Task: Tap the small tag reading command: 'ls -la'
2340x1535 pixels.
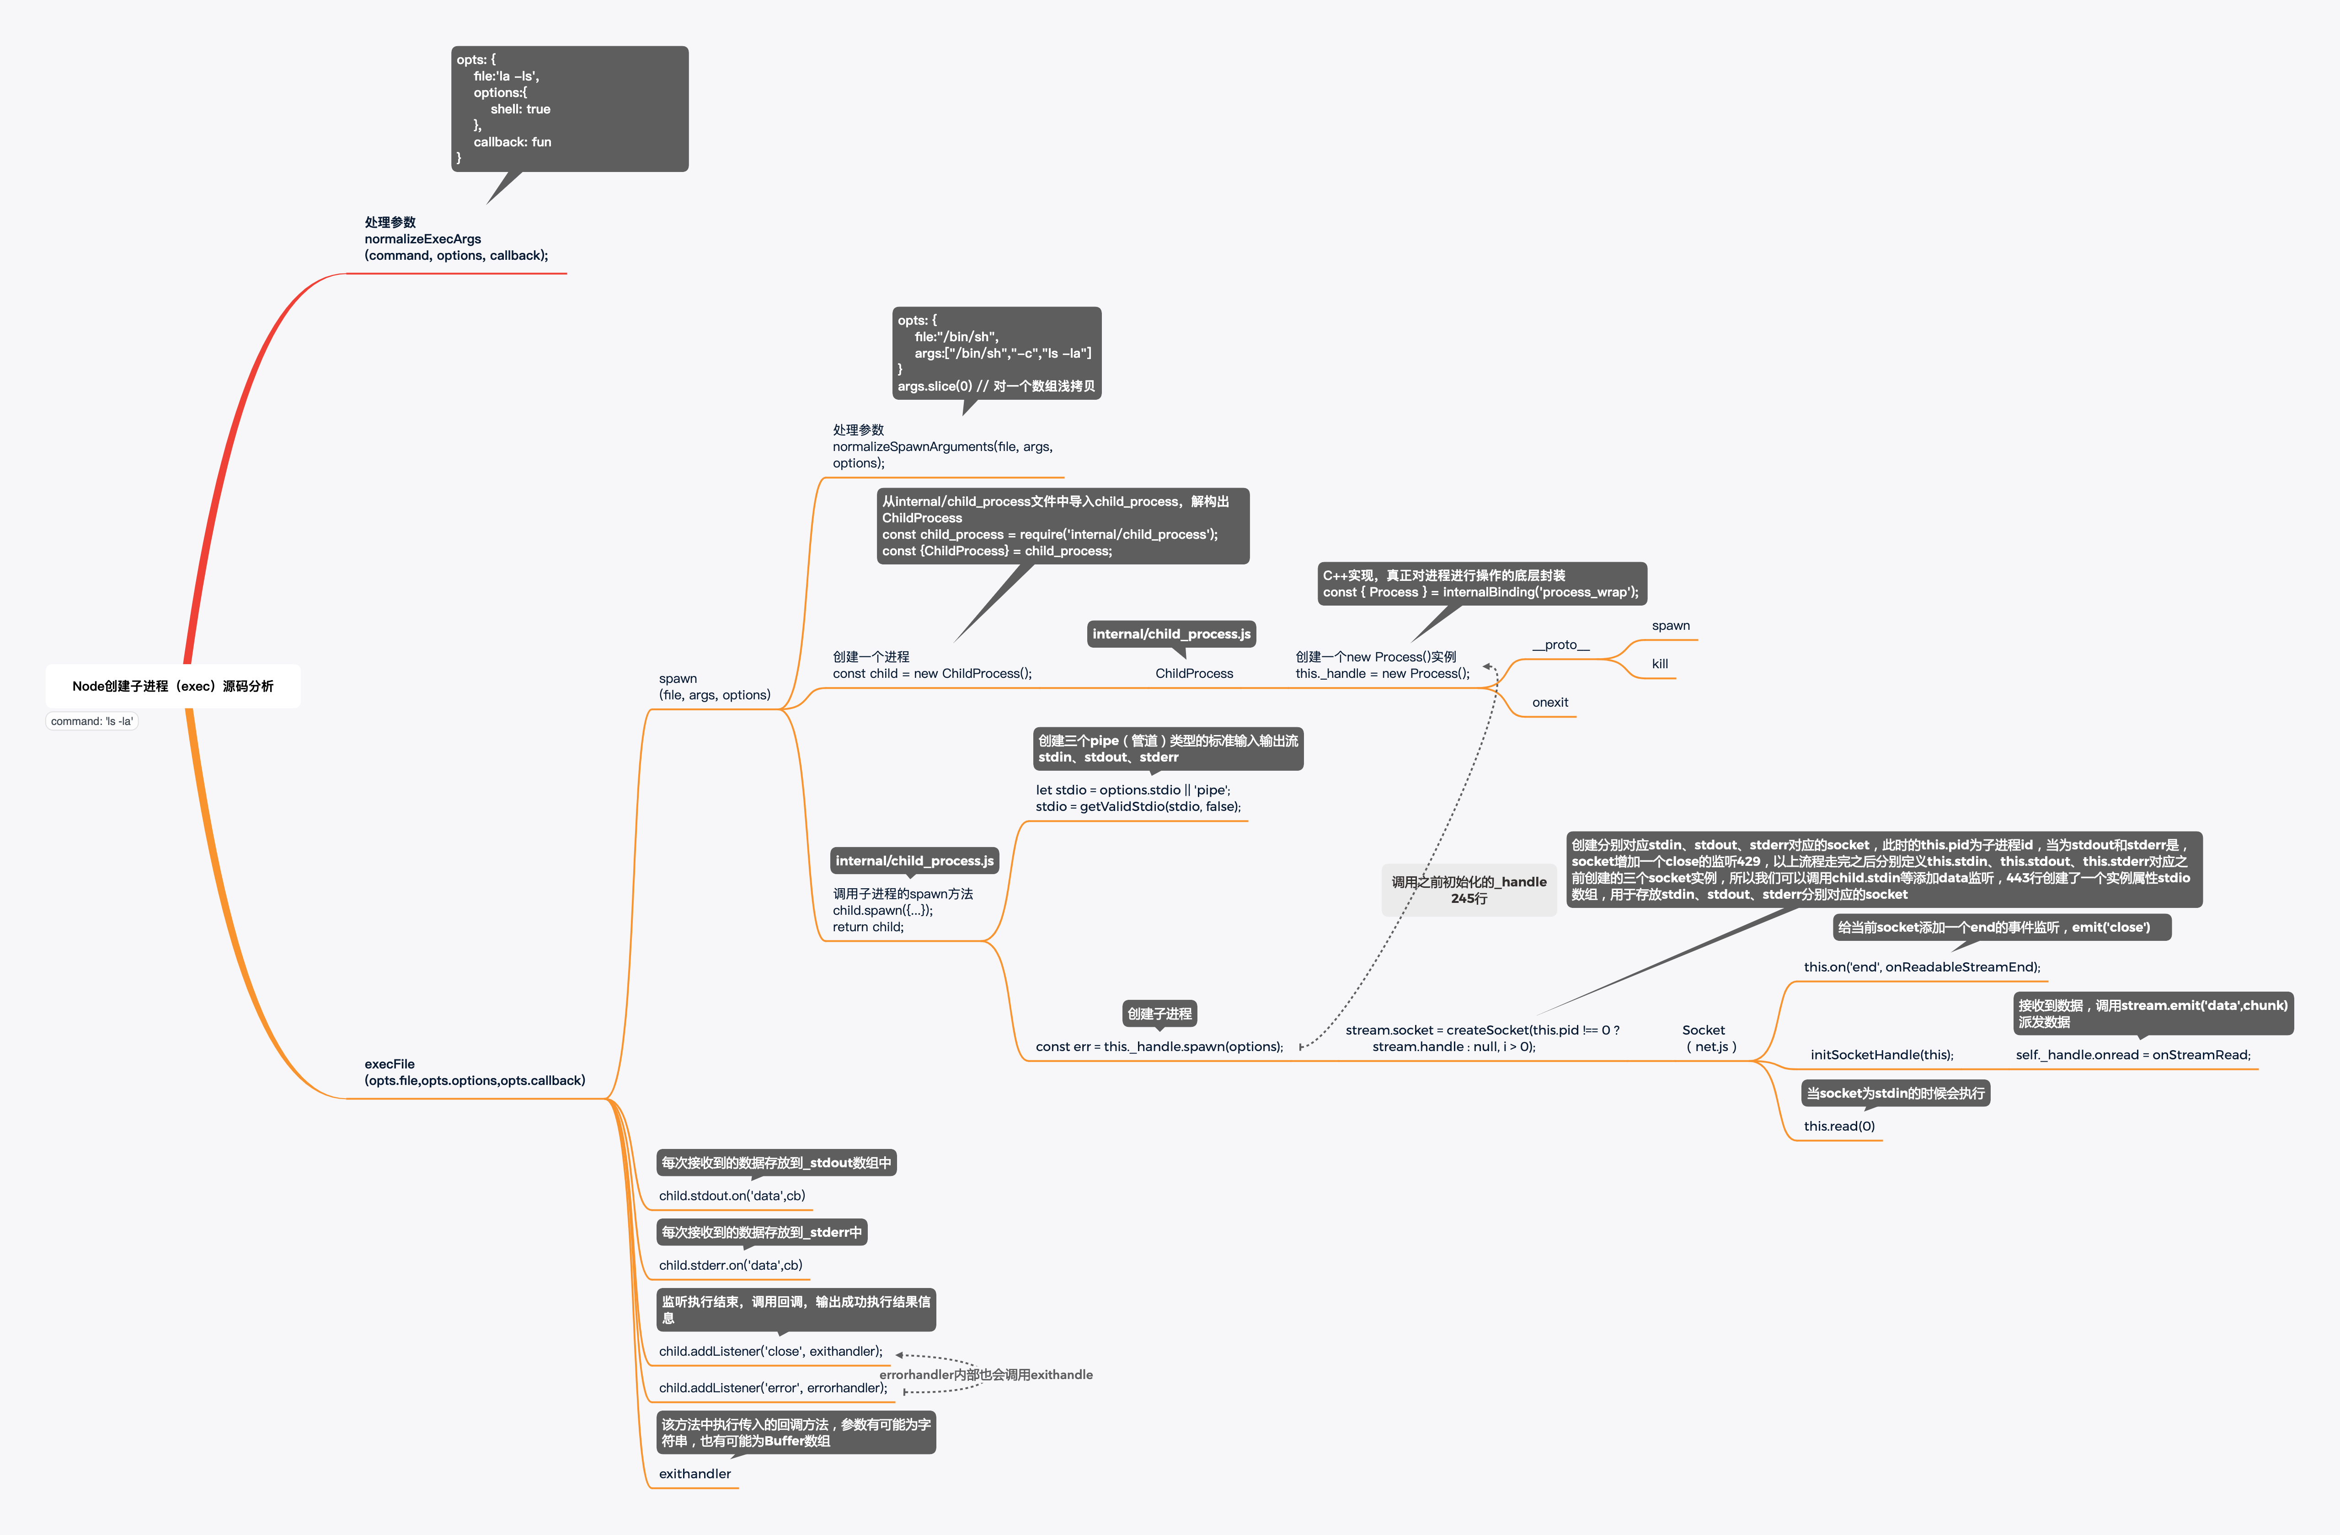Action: (x=91, y=721)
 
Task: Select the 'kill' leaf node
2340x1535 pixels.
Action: (x=1660, y=664)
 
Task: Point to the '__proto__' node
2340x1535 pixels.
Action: (x=1560, y=645)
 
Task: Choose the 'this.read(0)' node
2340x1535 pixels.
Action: (x=1838, y=1126)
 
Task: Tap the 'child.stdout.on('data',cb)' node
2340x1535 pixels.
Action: (x=732, y=1196)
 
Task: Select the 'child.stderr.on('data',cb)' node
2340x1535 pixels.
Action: (x=731, y=1266)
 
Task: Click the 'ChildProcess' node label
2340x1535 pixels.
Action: (x=1194, y=674)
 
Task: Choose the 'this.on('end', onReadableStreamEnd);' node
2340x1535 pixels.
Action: (x=1921, y=966)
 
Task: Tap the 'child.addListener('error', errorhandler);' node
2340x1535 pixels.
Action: (x=773, y=1388)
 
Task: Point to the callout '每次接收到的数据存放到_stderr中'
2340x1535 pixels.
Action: (x=761, y=1232)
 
